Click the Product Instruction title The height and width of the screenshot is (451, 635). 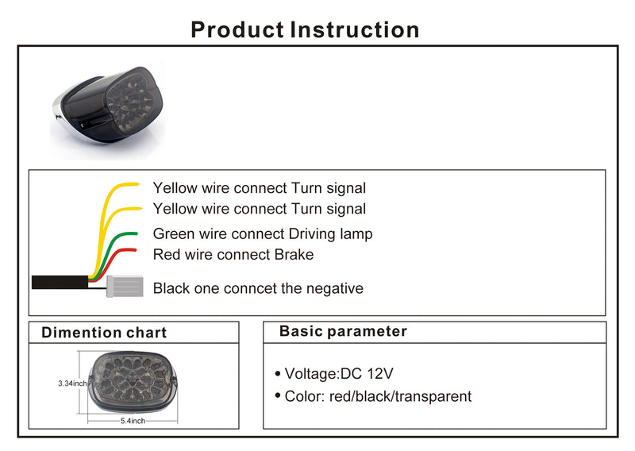(x=305, y=30)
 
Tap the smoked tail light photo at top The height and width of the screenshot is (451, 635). (x=106, y=107)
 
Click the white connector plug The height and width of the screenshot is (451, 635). (x=125, y=286)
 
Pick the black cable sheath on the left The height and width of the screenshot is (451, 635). (x=60, y=282)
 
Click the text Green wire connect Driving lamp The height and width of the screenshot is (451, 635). (x=262, y=234)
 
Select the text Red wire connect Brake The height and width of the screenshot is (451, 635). (x=233, y=255)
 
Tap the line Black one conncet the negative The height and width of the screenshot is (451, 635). (x=258, y=288)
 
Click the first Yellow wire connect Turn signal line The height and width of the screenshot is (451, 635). (x=260, y=188)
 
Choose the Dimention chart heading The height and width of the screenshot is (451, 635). (x=104, y=333)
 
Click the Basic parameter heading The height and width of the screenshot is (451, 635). (x=343, y=331)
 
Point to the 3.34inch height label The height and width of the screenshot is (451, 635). (x=72, y=383)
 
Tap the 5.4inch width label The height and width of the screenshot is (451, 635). (x=133, y=421)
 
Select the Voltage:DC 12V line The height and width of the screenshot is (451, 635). (x=339, y=373)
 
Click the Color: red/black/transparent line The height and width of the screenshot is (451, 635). (x=378, y=396)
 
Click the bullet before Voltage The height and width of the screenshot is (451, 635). (x=277, y=373)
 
